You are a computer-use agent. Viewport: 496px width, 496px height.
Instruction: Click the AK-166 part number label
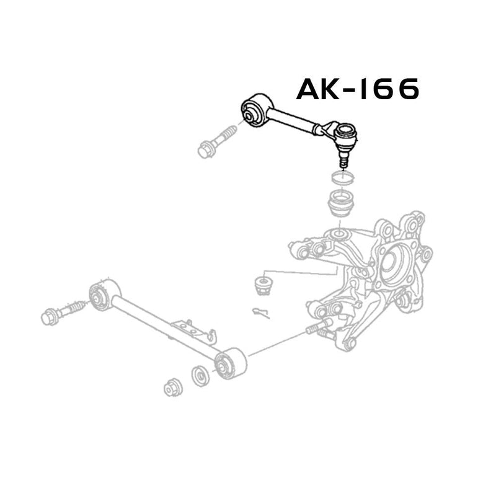[358, 89]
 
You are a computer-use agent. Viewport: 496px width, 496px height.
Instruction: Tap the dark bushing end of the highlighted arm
[257, 110]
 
